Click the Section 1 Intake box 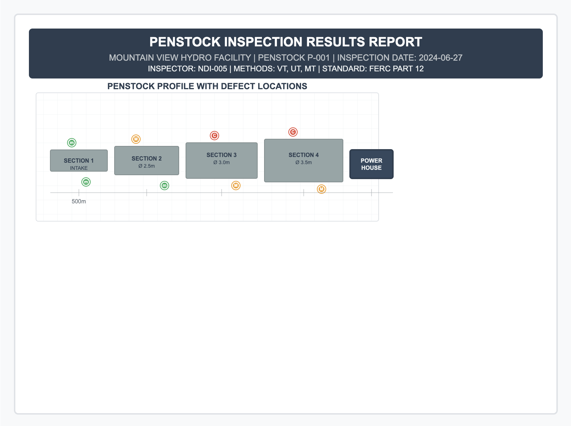tap(79, 161)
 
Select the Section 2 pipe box tap(147, 161)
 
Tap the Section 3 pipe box tap(222, 161)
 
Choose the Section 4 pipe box tap(304, 161)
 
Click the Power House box tap(372, 164)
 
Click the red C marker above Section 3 tap(214, 136)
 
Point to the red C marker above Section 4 tap(293, 132)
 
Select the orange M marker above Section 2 tap(136, 139)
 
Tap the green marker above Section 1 tap(72, 143)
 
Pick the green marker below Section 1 tap(86, 182)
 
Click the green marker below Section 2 tap(165, 186)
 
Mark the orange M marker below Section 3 tap(236, 186)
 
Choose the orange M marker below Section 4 tap(322, 189)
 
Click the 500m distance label tap(79, 201)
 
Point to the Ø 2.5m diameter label tap(147, 166)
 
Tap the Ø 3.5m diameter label tap(304, 162)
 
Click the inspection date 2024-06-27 tap(440, 57)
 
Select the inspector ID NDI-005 tap(212, 69)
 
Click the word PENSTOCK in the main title tap(185, 42)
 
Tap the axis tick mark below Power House tap(372, 193)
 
